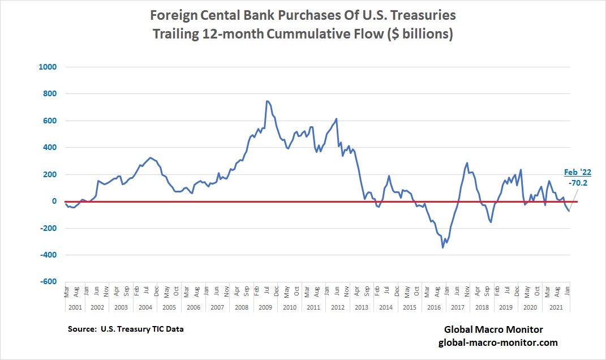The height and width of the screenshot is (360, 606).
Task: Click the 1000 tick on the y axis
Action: click(48, 67)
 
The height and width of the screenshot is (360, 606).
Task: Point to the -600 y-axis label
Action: click(48, 281)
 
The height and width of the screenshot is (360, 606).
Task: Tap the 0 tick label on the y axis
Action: click(54, 201)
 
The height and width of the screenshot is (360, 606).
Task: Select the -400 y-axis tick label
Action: click(48, 255)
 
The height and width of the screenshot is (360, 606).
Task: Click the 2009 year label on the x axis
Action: click(265, 307)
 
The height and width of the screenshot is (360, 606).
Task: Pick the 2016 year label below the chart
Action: click(434, 307)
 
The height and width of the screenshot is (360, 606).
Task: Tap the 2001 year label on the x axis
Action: click(75, 307)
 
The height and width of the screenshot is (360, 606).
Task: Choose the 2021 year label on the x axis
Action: click(556, 307)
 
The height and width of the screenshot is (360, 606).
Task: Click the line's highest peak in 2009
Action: click(267, 101)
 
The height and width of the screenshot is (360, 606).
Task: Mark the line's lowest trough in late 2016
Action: click(443, 247)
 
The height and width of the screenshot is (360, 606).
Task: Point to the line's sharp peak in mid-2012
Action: click(337, 119)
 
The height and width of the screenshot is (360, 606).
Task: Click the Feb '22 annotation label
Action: click(577, 172)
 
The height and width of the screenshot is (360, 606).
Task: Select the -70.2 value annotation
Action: click(578, 183)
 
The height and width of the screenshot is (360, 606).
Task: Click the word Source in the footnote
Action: click(82, 329)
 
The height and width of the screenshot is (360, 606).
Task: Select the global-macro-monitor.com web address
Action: click(498, 342)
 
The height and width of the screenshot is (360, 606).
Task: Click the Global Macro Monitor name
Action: click(493, 329)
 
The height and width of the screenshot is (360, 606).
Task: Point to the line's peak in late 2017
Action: click(467, 163)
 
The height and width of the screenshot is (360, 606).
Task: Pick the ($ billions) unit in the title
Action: click(419, 33)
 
